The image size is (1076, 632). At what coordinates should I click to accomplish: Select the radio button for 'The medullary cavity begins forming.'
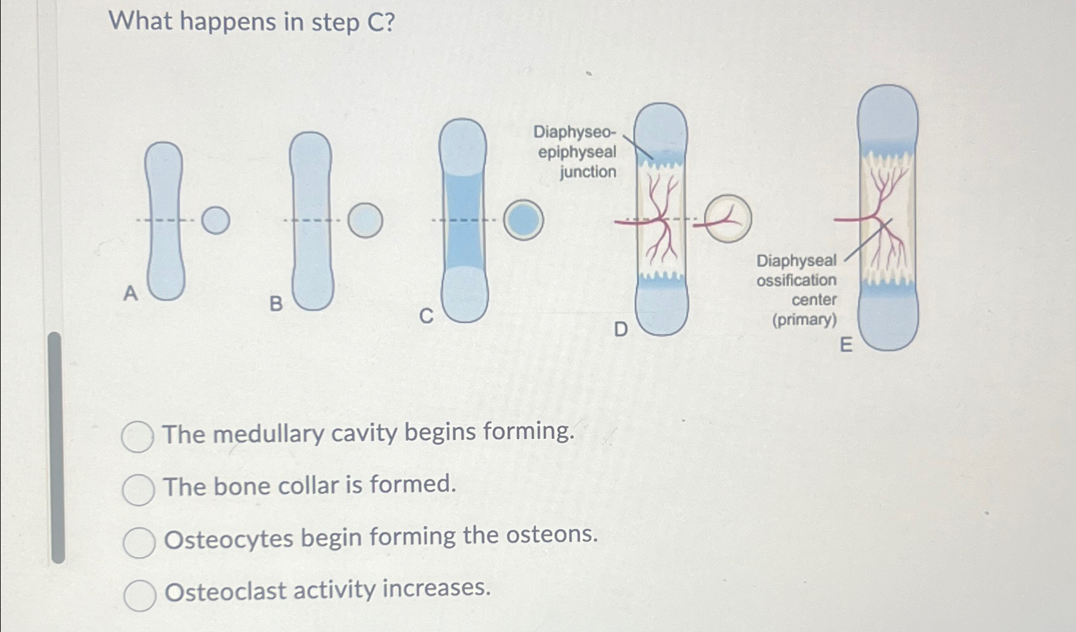[137, 437]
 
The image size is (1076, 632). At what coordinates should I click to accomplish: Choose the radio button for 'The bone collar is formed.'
[138, 489]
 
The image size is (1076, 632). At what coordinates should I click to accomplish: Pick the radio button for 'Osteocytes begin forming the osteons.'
[139, 542]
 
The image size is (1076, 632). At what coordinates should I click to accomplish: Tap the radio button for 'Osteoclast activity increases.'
[140, 595]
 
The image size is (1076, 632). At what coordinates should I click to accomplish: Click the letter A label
[130, 293]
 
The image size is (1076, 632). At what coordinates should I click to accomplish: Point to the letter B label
[275, 304]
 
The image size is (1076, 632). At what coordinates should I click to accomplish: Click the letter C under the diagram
[427, 316]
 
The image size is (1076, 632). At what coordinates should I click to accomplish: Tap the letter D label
[621, 329]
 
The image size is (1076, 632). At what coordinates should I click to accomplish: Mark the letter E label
[845, 345]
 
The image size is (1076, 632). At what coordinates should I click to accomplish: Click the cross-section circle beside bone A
[216, 220]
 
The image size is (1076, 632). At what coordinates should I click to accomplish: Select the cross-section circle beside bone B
[365, 220]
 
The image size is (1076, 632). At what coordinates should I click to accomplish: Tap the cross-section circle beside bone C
[523, 220]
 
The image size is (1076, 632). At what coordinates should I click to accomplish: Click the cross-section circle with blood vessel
[728, 218]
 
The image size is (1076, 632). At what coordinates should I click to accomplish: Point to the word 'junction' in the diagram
[588, 172]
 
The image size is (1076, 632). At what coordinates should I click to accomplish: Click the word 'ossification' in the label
[796, 280]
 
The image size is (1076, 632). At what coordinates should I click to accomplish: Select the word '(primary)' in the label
[804, 319]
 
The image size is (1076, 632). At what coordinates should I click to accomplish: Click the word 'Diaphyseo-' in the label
[574, 132]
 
